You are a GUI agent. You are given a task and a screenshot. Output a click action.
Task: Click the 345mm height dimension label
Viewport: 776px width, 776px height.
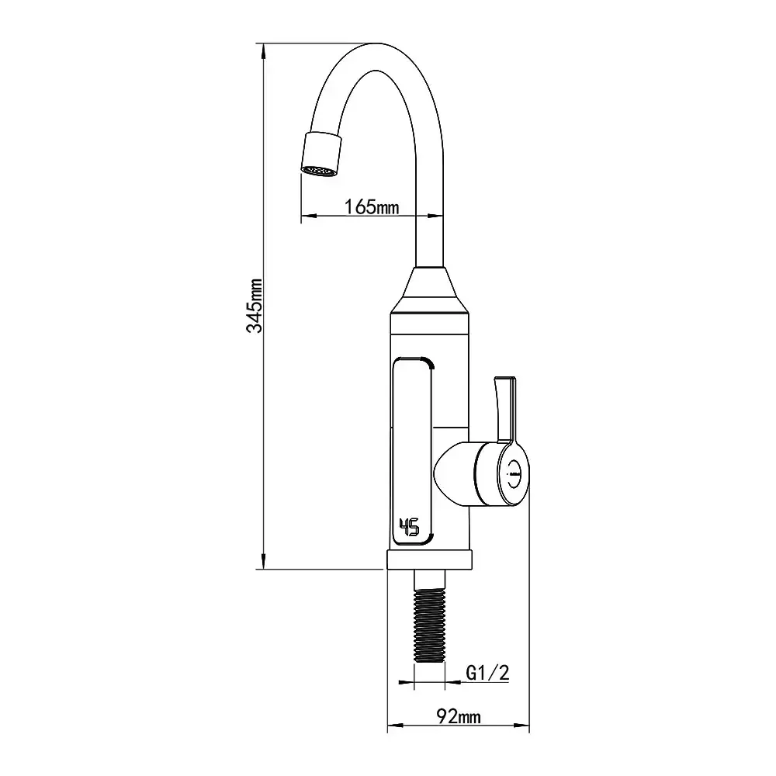(x=255, y=305)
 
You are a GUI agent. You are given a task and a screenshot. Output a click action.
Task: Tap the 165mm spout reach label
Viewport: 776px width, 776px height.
(x=371, y=206)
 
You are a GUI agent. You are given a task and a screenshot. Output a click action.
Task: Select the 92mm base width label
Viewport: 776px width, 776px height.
(x=459, y=716)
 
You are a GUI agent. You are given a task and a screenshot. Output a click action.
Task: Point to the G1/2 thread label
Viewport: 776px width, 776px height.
(x=487, y=673)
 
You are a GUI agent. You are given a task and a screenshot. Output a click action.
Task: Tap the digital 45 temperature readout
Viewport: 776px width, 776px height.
(x=409, y=527)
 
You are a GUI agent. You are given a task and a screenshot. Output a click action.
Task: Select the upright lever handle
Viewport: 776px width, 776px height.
(x=506, y=410)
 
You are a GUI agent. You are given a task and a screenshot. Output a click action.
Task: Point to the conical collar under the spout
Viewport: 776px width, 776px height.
(x=430, y=290)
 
